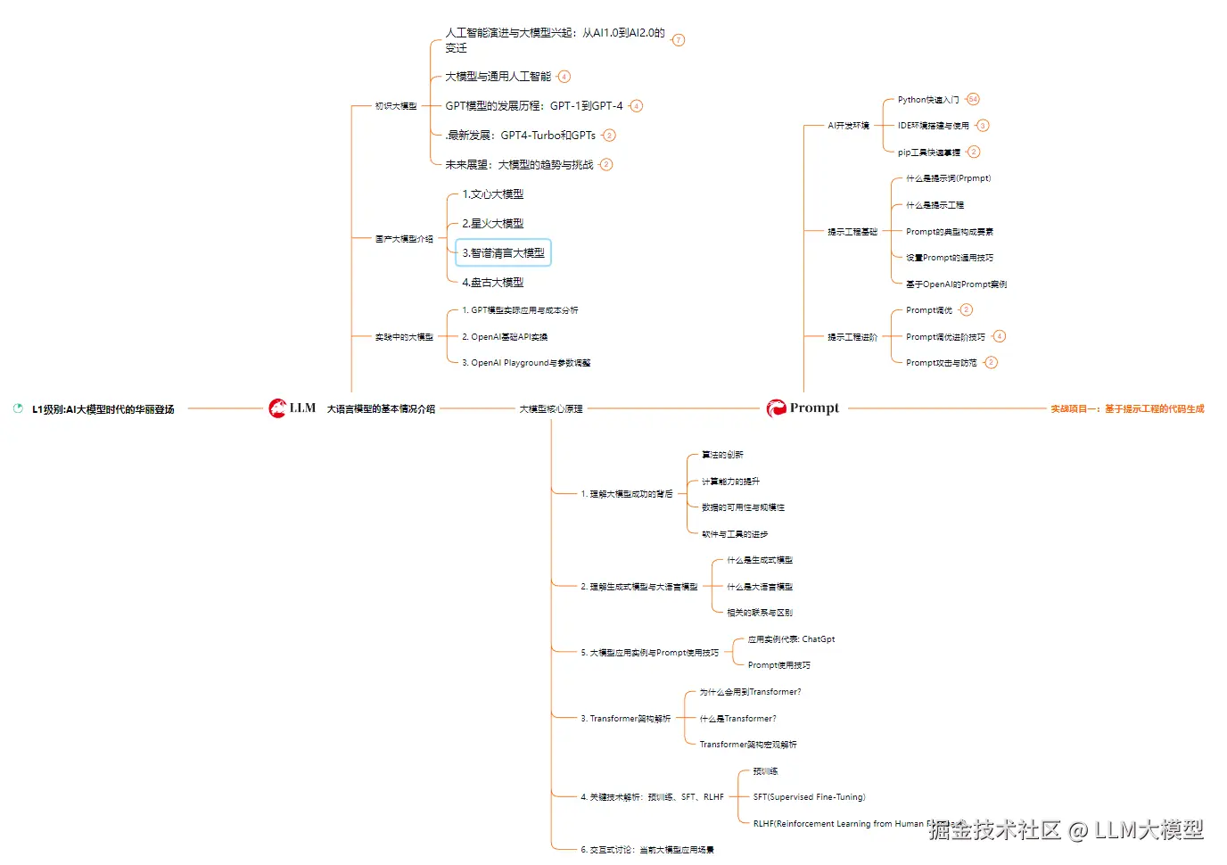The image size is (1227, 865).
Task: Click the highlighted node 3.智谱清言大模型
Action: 503,253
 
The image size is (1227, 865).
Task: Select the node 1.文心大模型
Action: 492,194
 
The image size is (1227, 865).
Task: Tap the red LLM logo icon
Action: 277,408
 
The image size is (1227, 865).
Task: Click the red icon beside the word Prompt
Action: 777,408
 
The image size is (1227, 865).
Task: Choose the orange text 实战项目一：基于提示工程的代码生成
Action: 1127,409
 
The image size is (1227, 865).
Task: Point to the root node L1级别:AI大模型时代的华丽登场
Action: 103,410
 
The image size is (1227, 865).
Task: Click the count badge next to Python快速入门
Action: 973,99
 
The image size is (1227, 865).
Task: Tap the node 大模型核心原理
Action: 551,409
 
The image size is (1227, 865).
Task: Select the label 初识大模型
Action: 396,106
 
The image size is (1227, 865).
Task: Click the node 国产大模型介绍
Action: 404,239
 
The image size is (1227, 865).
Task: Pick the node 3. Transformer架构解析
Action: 625,719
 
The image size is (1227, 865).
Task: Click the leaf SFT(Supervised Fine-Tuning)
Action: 809,797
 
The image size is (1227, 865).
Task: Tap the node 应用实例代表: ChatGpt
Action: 791,639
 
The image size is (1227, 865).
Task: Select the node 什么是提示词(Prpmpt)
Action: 948,178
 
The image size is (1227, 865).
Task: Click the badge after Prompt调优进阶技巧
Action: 1000,336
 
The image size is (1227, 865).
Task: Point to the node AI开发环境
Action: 848,126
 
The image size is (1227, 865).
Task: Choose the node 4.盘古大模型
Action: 492,283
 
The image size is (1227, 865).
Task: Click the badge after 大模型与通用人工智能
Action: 564,77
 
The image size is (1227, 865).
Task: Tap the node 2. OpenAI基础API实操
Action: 505,337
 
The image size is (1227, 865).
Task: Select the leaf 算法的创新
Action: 722,455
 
